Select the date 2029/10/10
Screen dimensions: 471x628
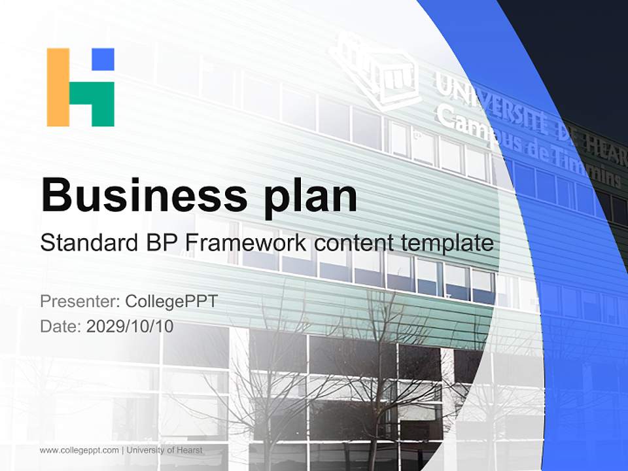(x=130, y=326)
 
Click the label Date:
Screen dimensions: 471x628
(x=60, y=326)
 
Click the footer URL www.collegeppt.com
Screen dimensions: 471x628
(x=79, y=450)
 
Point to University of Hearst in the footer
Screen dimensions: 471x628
(x=165, y=450)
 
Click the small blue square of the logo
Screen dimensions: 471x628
(x=103, y=58)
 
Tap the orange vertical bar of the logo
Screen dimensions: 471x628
(x=58, y=87)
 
